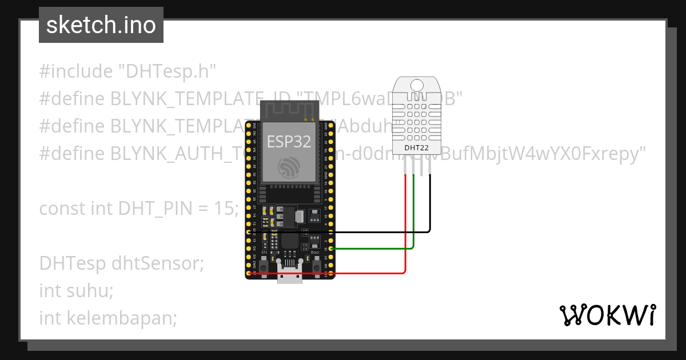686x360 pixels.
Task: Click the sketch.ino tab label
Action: coord(101,25)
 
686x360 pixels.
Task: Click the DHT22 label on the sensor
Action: coord(417,148)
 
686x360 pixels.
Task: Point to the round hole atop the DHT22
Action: coord(417,85)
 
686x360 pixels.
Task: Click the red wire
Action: coord(405,229)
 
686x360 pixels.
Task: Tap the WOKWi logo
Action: coord(608,315)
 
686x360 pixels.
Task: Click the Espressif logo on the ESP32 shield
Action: coord(289,167)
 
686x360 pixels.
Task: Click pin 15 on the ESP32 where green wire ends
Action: coord(330,249)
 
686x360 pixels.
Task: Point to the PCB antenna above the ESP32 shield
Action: coord(289,110)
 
